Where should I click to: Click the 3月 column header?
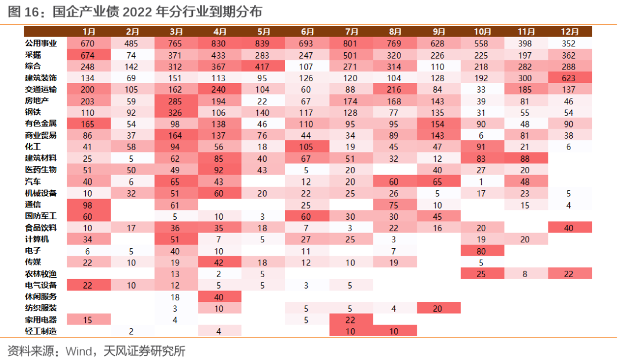pyautogui.click(x=176, y=32)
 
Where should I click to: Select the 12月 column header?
pyautogui.click(x=569, y=32)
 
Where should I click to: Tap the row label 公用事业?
pyautogui.click(x=41, y=43)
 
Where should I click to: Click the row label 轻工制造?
pyautogui.click(x=41, y=331)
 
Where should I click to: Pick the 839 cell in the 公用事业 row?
pyautogui.click(x=263, y=43)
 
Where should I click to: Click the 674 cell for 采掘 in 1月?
pyautogui.click(x=88, y=55)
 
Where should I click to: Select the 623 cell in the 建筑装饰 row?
pyautogui.click(x=569, y=78)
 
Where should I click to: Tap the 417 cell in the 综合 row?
pyautogui.click(x=263, y=67)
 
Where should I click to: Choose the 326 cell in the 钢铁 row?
pyautogui.click(x=175, y=113)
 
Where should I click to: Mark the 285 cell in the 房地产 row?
pyautogui.click(x=175, y=101)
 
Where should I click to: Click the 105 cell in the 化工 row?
pyautogui.click(x=306, y=147)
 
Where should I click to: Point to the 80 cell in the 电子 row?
pyautogui.click(x=481, y=251)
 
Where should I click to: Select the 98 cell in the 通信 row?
pyautogui.click(x=88, y=205)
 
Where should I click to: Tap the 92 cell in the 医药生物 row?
pyautogui.click(x=219, y=170)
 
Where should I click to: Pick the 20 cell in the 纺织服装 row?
pyautogui.click(x=438, y=308)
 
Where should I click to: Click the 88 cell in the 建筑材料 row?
pyautogui.click(x=525, y=159)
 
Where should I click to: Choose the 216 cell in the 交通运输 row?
pyautogui.click(x=394, y=90)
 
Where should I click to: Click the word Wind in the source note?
pyautogui.click(x=79, y=351)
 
